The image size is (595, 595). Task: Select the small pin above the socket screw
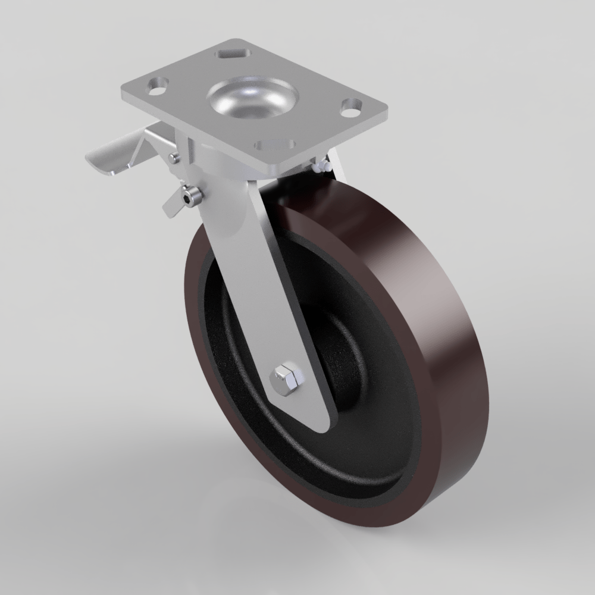[x=173, y=157]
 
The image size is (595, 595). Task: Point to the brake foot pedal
[x=113, y=158]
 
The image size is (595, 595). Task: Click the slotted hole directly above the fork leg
[x=274, y=145]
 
